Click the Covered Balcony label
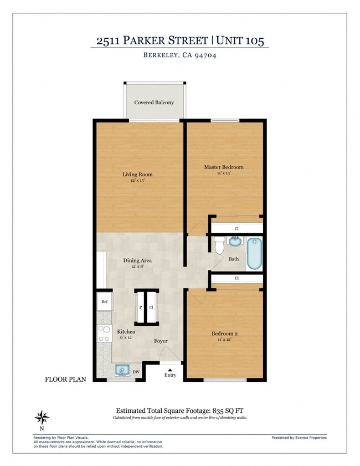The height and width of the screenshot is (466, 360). point(154,103)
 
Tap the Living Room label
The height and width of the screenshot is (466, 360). point(137,175)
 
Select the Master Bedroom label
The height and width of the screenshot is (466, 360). point(224,167)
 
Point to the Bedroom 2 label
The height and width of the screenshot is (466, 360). point(224,334)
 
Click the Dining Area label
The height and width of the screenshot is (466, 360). point(137,260)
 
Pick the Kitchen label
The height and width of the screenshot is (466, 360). point(126,332)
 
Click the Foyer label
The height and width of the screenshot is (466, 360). point(161,341)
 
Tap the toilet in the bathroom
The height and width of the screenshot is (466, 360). point(219,244)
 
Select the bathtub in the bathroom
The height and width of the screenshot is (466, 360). point(254,253)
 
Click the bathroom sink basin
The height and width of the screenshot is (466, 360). point(235,242)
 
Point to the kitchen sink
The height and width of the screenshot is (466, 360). point(122,370)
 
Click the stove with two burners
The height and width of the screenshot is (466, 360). point(104,333)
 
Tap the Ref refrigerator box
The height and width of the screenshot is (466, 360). point(104,303)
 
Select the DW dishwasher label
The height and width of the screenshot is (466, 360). point(136,372)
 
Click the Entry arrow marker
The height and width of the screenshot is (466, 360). point(170,370)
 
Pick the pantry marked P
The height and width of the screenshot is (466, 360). point(140,306)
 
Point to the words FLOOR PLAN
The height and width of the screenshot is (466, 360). point(66,380)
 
